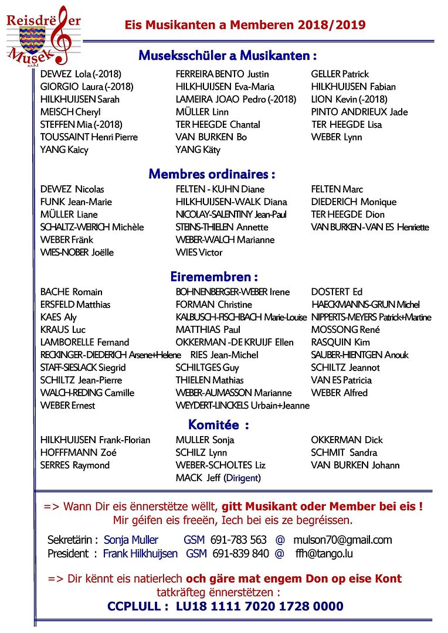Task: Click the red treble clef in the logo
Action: tap(58, 32)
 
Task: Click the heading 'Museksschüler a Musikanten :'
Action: tap(228, 56)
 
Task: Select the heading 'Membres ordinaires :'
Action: tap(212, 174)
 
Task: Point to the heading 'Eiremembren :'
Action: tap(214, 277)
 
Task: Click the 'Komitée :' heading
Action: tap(218, 424)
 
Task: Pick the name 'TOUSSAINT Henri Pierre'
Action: tap(89, 137)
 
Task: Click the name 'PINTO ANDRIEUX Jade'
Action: tap(359, 112)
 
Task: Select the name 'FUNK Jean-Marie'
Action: tap(76, 202)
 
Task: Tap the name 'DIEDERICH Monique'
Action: tap(354, 202)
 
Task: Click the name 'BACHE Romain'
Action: tap(72, 292)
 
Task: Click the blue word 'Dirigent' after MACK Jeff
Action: tap(242, 478)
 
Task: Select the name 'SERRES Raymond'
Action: tap(75, 465)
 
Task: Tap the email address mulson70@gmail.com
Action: tap(342, 540)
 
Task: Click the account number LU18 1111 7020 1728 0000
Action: tap(260, 606)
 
